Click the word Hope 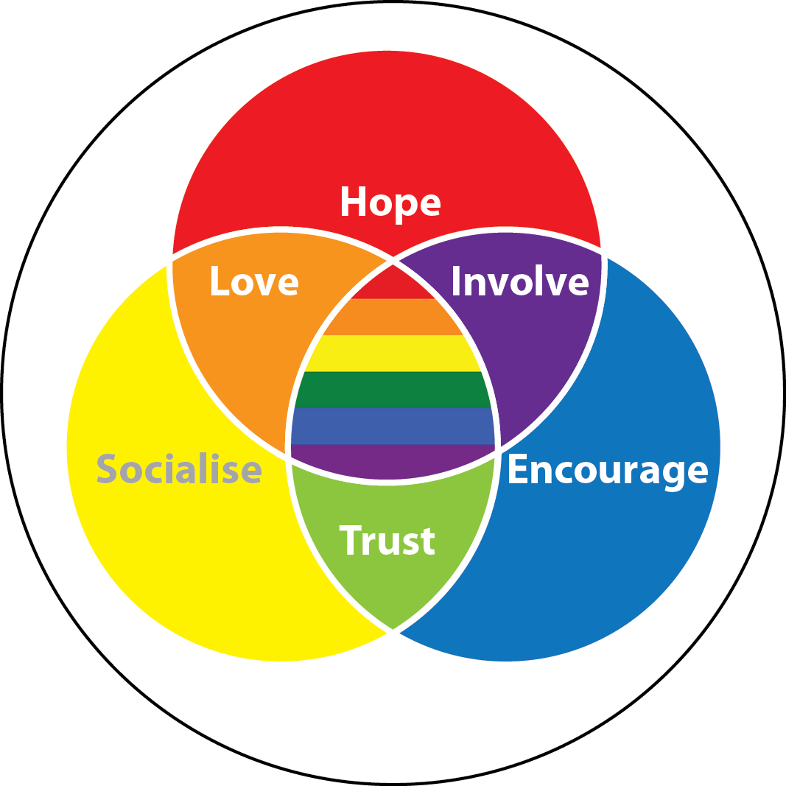[390, 202]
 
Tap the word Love [254, 281]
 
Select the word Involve [520, 281]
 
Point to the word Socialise [179, 469]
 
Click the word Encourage [608, 470]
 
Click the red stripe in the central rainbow [390, 287]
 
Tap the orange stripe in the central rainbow [390, 317]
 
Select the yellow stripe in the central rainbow [390, 354]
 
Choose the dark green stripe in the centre [390, 390]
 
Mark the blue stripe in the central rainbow [390, 426]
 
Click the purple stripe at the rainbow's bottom [390, 460]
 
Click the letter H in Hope [354, 201]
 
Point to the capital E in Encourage [519, 469]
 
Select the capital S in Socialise [108, 469]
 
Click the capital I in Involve [455, 281]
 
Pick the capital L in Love [220, 281]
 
